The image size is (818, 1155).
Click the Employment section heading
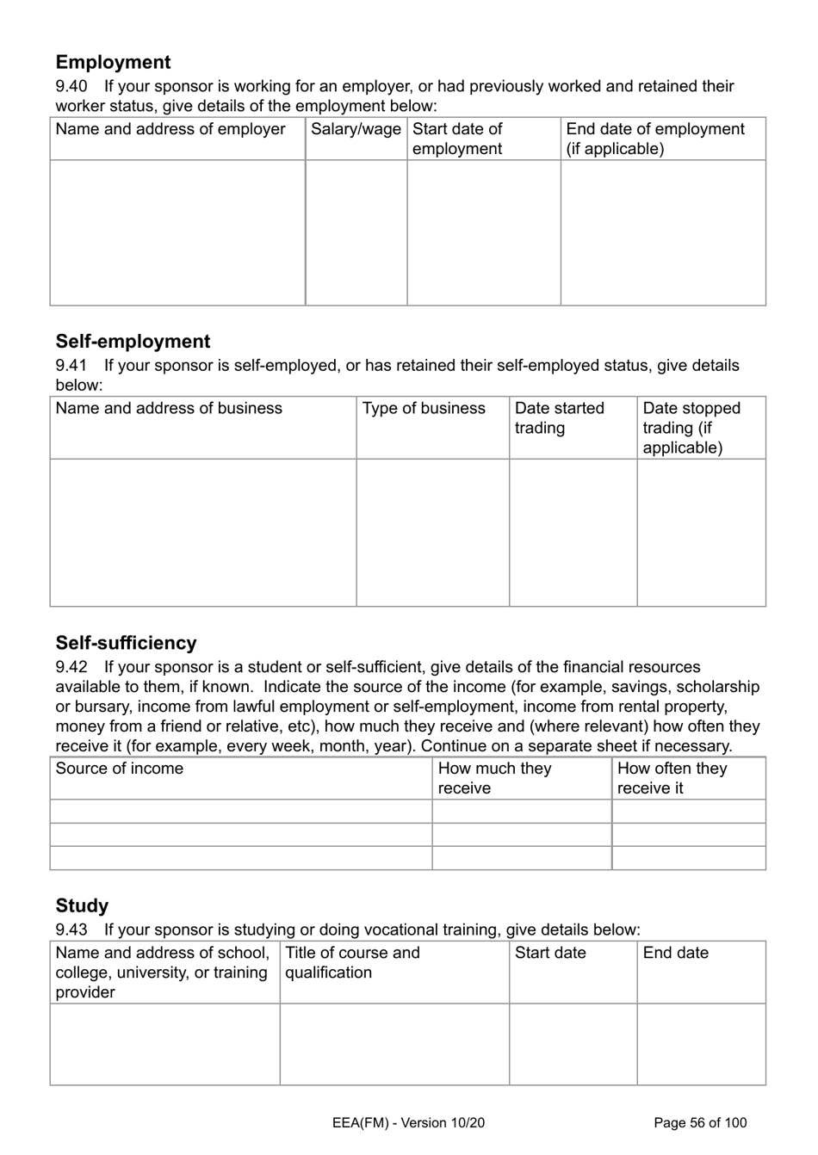click(113, 62)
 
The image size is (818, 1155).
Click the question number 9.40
click(71, 86)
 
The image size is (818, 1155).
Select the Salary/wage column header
click(356, 129)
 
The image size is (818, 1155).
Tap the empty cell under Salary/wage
click(356, 232)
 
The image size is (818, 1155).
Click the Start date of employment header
click(457, 139)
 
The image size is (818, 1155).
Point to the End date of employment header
click(654, 139)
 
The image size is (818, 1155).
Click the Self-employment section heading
click(133, 342)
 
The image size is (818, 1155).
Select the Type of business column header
click(424, 408)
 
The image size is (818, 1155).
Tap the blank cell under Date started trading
click(573, 532)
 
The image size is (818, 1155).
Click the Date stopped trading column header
click(691, 428)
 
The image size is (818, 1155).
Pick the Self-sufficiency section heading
click(126, 643)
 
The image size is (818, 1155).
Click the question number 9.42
click(71, 667)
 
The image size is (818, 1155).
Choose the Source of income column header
click(119, 769)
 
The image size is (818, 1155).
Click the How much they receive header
click(494, 778)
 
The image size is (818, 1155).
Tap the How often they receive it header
click(672, 778)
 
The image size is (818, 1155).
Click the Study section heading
click(82, 905)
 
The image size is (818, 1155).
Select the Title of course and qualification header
click(352, 962)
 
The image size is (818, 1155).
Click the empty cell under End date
click(701, 1043)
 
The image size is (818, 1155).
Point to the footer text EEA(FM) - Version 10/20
click(408, 1122)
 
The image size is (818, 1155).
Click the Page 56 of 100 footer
click(700, 1122)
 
